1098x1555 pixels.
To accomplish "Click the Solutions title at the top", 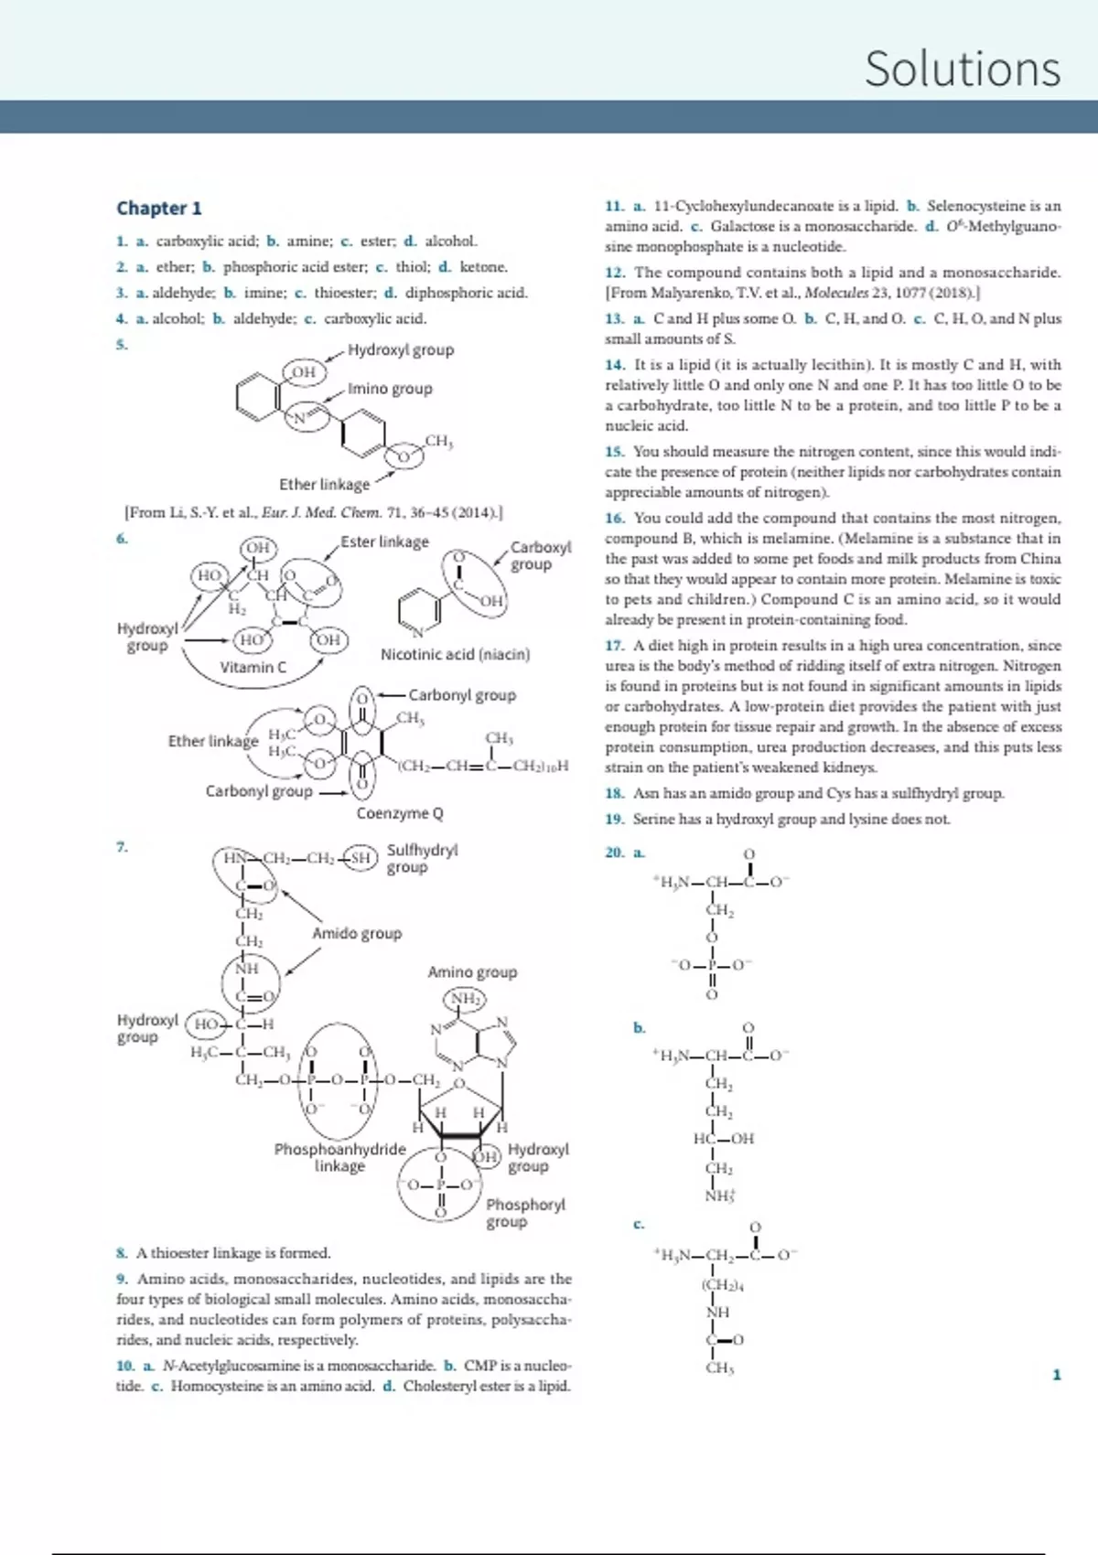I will click(962, 69).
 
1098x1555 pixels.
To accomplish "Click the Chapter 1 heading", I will click(158, 208).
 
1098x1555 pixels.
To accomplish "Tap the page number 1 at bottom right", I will click(1057, 1374).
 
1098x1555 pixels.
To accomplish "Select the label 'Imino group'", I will click(389, 388).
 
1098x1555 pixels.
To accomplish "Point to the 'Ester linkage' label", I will click(384, 542).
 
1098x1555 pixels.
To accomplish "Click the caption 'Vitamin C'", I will click(253, 667).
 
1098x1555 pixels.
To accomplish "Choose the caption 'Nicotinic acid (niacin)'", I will click(455, 654).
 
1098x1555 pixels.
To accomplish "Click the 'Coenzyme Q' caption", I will click(400, 812).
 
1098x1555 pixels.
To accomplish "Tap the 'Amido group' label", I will click(357, 933).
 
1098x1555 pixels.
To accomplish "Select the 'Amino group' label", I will click(472, 971).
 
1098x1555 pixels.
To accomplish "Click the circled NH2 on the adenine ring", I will click(465, 998).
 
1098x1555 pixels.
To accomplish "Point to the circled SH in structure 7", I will click(361, 857).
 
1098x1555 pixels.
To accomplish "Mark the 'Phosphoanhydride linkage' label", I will click(339, 1157).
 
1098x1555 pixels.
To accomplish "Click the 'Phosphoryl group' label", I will click(525, 1213).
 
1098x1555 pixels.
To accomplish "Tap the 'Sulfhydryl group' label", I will click(422, 858).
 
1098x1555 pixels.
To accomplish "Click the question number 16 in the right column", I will click(614, 518).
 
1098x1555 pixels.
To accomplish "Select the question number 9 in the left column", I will click(122, 1279).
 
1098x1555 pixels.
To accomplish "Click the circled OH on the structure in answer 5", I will click(304, 371).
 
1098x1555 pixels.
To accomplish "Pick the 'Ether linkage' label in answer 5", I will click(324, 484).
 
